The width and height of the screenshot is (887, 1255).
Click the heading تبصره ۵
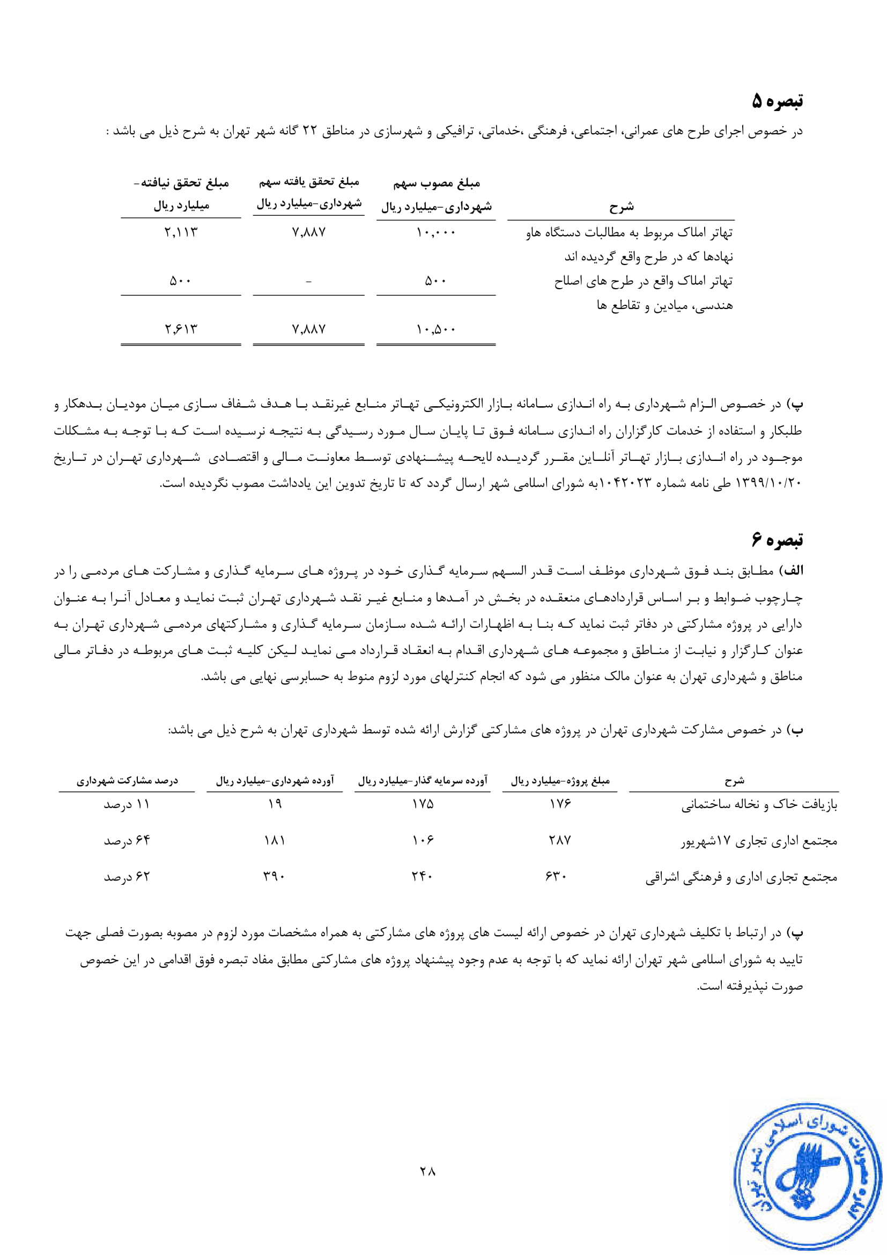pos(777,101)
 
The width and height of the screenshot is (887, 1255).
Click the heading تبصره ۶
pos(777,540)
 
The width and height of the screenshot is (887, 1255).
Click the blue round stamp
pos(808,1184)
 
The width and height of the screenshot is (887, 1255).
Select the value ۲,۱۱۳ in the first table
pos(181,232)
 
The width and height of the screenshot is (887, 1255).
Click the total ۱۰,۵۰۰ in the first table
pos(436,329)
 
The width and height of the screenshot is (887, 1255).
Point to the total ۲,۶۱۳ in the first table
pos(181,329)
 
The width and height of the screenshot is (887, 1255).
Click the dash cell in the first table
pos(308,282)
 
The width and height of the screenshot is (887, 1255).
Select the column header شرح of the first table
pos(622,207)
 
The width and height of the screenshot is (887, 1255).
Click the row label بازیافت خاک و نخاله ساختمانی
pos(759,805)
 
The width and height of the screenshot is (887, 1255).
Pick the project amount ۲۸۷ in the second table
pos(560,840)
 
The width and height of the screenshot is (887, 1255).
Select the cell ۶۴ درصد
pos(127,840)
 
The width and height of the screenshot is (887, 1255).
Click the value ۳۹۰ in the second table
pos(274,877)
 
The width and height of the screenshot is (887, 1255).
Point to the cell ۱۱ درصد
pos(127,805)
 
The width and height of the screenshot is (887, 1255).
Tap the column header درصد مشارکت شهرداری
pos(127,781)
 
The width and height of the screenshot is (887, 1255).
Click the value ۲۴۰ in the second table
pos(422,877)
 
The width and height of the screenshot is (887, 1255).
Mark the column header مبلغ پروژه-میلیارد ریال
pos(560,781)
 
